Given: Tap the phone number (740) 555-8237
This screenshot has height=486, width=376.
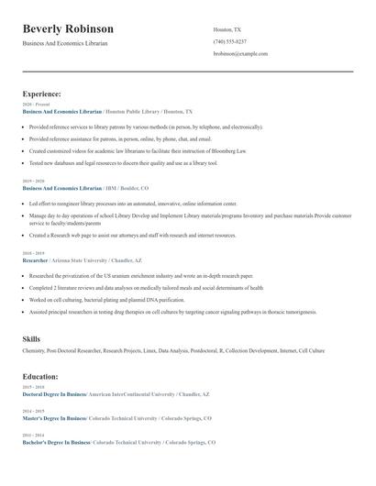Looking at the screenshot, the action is (x=230, y=42).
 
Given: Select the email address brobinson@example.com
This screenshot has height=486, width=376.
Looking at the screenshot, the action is (x=240, y=54).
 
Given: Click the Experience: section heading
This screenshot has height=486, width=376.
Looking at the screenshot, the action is (x=42, y=94).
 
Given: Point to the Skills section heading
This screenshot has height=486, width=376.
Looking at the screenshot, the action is (x=32, y=339).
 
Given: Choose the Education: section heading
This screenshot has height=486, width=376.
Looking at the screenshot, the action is (x=41, y=376).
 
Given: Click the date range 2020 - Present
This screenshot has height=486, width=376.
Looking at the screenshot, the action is (x=35, y=105).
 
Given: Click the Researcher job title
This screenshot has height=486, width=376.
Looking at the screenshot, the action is (x=35, y=260).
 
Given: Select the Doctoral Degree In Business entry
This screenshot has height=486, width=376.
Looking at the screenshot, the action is (x=53, y=393).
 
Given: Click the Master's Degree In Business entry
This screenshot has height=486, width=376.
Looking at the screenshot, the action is (x=53, y=417).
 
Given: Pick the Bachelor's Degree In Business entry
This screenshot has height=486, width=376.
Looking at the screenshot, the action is (x=55, y=442).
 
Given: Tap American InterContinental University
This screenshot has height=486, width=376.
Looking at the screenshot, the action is (x=131, y=393).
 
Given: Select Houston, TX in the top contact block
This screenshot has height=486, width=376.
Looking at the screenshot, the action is (x=228, y=29).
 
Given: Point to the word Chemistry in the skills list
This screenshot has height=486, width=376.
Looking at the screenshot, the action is (x=34, y=350).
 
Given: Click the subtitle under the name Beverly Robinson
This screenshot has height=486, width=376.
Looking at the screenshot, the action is (x=65, y=43).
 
